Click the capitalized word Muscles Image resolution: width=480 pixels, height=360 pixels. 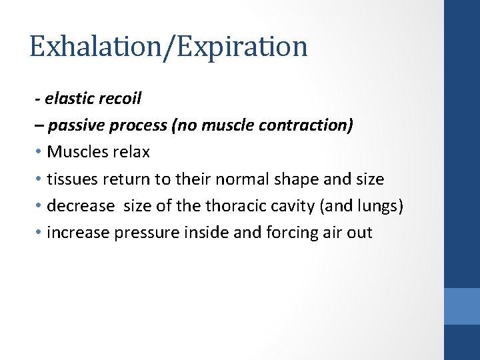(75, 152)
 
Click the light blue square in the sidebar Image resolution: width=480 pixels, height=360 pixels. (462, 306)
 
